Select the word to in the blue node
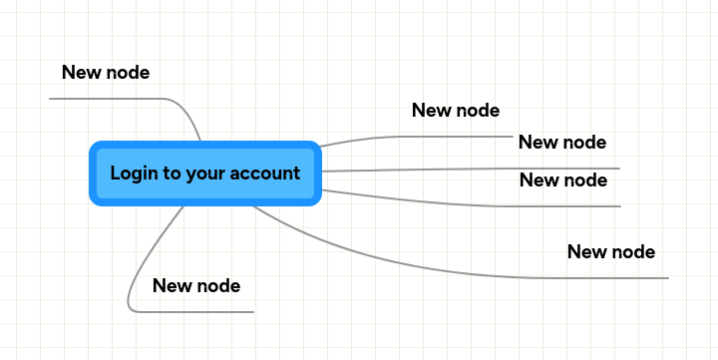(173, 174)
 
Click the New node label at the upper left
(106, 72)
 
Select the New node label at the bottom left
(196, 286)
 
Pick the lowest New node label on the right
(611, 251)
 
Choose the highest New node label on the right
(456, 110)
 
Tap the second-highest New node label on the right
(562, 142)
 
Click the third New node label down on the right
(563, 180)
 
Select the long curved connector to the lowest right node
(399, 260)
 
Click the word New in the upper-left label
(81, 72)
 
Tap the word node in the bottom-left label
(218, 286)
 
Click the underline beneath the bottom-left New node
(199, 311)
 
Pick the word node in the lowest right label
(633, 251)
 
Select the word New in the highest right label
(431, 110)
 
